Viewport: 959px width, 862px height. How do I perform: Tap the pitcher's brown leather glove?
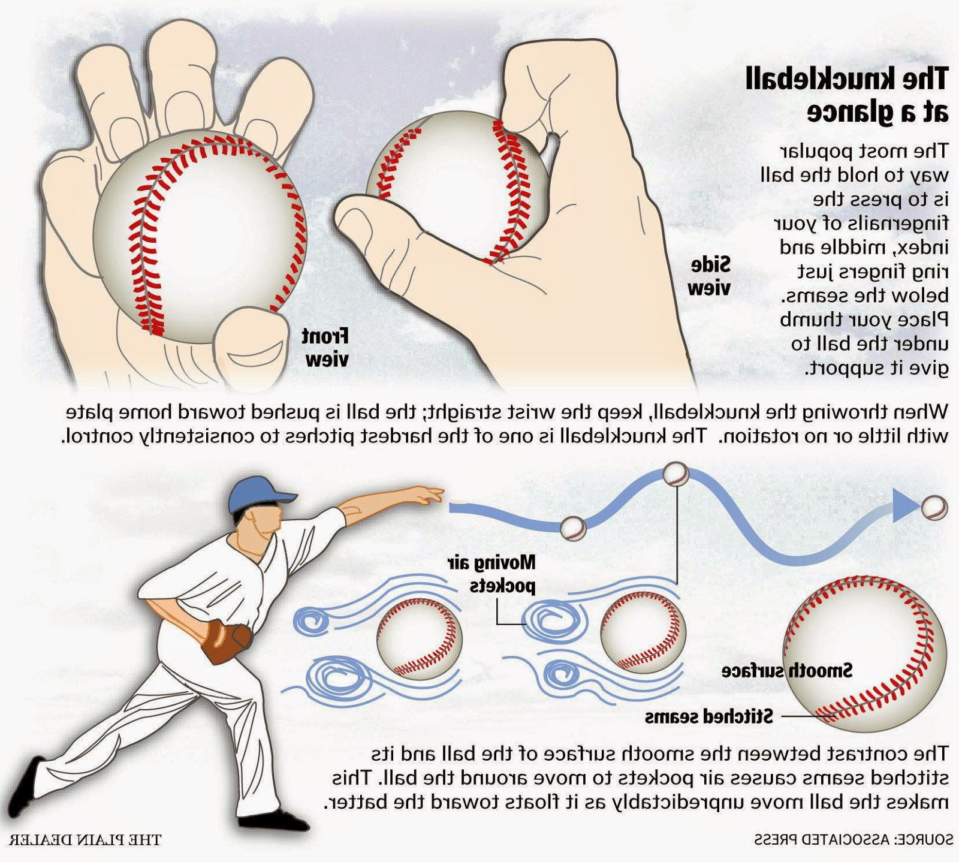coord(226,641)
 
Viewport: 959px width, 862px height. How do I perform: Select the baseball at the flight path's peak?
coord(677,475)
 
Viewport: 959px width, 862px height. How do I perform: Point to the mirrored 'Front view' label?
coord(325,347)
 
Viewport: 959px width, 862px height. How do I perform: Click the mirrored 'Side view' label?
coord(710,276)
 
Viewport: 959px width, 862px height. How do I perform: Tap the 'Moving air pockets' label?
coord(491,574)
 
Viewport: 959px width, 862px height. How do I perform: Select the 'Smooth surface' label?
coord(787,670)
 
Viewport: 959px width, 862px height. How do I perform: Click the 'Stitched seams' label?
coord(709,716)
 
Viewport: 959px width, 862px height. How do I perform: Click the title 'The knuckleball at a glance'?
coord(846,95)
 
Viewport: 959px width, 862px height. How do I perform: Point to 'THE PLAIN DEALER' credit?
coord(86,839)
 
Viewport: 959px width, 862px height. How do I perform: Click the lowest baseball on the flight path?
coord(572,528)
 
